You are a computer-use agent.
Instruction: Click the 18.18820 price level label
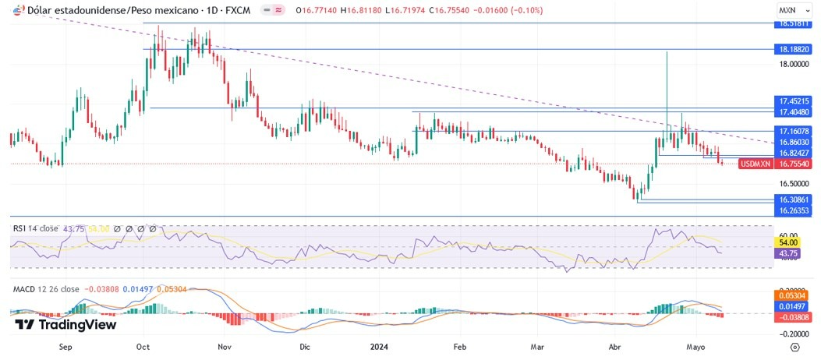[794, 49]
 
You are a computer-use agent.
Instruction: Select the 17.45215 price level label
[794, 101]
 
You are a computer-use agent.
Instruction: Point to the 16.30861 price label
[794, 200]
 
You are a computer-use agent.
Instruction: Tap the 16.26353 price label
[794, 210]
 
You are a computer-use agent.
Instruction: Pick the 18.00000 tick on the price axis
[794, 65]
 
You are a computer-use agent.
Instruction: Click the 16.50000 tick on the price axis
[794, 184]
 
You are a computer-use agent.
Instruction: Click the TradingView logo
[65, 324]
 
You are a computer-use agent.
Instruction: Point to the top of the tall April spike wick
[667, 51]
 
